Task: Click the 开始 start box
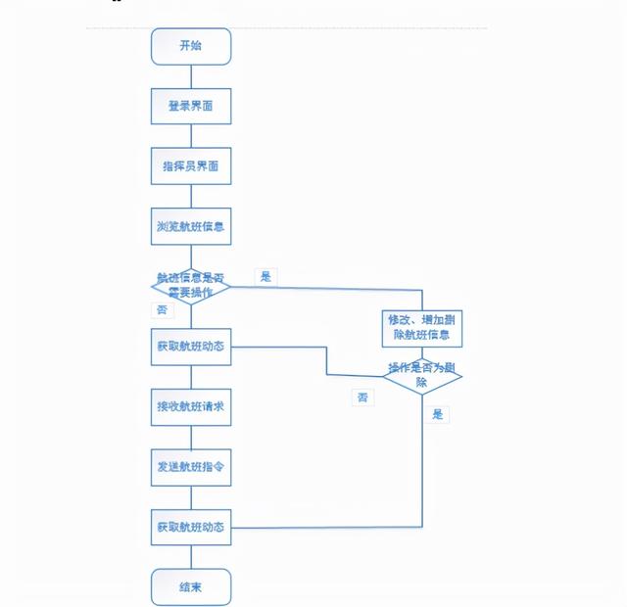(x=191, y=46)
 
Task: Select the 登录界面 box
(x=191, y=106)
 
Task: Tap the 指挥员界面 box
(x=191, y=166)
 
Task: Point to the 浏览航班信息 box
(x=191, y=226)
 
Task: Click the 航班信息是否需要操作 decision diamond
(x=191, y=287)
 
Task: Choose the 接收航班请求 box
(x=191, y=406)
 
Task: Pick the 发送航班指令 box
(x=191, y=467)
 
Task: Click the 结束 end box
(x=191, y=587)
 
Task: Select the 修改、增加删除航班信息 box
(x=421, y=328)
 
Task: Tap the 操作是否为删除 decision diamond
(x=421, y=376)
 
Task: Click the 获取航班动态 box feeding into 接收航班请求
(x=191, y=347)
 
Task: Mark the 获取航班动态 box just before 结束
(x=191, y=528)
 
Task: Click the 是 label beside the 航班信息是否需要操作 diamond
(x=265, y=277)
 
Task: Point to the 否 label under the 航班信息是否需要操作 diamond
(x=162, y=309)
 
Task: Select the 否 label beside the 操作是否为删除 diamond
(x=363, y=397)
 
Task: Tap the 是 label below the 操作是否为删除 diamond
(x=438, y=414)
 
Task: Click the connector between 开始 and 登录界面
(x=191, y=76)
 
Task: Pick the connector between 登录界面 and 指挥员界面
(x=191, y=136)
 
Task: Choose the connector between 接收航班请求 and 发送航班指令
(x=191, y=437)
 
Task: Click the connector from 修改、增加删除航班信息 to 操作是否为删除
(x=421, y=353)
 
